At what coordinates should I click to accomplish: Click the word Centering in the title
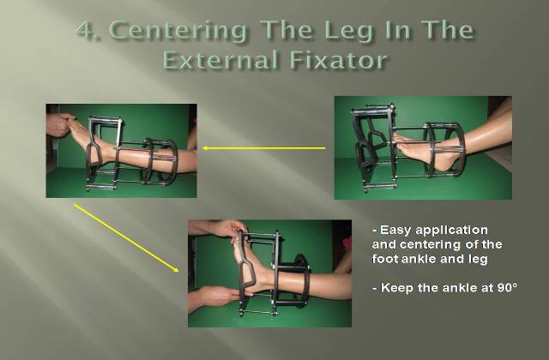(x=179, y=31)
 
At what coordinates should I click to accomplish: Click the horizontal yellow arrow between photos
(x=264, y=148)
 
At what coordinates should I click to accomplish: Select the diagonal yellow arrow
(x=126, y=238)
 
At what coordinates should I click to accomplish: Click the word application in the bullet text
(x=450, y=231)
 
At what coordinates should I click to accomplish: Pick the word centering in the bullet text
(x=432, y=244)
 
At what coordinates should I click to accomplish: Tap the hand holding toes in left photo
(x=59, y=124)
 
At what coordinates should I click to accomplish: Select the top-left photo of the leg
(x=121, y=151)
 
